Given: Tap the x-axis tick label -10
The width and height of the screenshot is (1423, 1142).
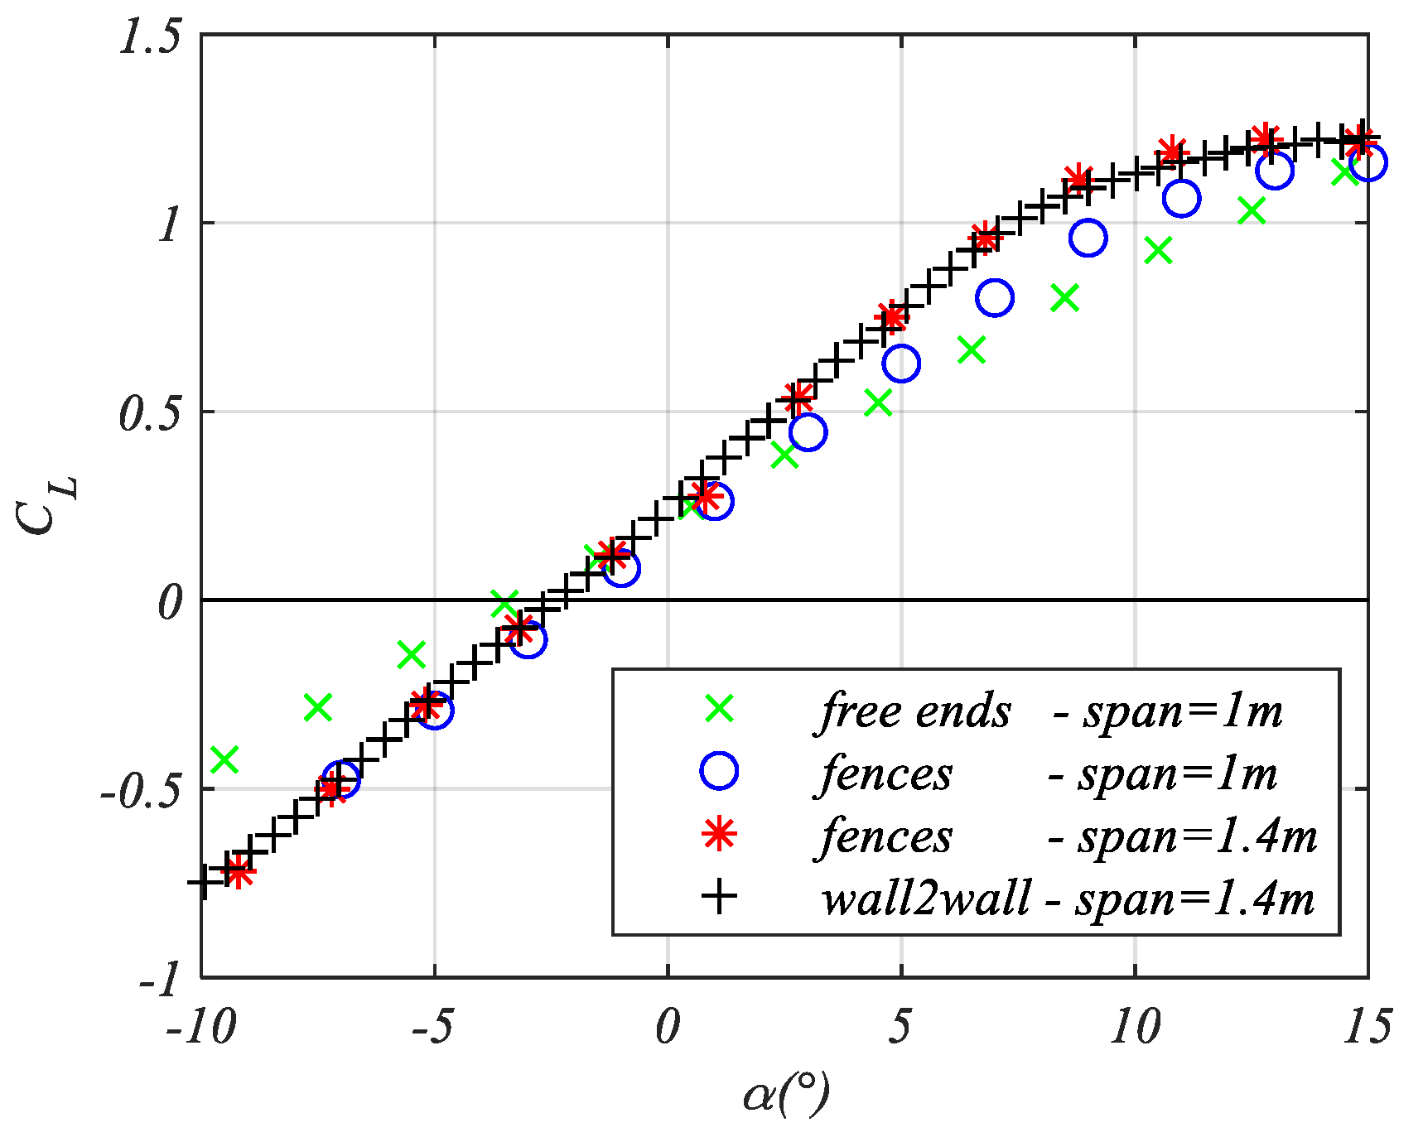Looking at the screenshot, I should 200,1028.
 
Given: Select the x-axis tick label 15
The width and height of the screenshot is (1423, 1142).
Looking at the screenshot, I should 1366,1028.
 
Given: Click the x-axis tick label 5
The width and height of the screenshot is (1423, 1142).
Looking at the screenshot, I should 900,1028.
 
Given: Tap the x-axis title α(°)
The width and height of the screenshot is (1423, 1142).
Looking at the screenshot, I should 785,1095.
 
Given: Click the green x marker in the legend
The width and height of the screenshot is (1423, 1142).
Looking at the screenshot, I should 719,708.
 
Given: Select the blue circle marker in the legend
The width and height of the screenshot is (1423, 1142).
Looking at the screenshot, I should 719,771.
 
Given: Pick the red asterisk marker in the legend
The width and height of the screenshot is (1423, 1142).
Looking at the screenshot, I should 719,834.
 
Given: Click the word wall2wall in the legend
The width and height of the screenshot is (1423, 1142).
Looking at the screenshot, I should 926,897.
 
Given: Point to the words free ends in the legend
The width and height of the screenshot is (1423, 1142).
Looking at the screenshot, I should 915,711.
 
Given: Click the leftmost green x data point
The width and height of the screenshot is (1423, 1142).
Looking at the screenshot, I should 224,758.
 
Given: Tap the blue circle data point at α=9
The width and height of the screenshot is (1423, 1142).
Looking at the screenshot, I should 1088,239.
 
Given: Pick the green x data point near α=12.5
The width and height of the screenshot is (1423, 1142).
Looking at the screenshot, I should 1252,211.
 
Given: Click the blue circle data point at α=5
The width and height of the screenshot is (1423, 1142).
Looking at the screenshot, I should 901,363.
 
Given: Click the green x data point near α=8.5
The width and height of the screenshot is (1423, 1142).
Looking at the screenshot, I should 1065,298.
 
